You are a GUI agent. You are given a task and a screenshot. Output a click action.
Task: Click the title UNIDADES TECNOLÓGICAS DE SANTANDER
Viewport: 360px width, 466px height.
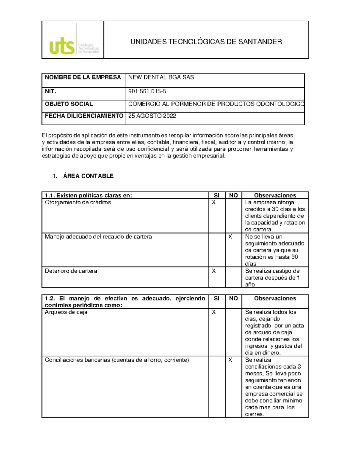(x=206, y=42)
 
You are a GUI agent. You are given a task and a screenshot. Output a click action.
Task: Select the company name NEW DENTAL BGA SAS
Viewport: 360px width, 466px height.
(x=161, y=77)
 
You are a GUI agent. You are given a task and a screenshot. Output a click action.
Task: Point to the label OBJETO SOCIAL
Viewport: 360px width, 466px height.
(x=69, y=104)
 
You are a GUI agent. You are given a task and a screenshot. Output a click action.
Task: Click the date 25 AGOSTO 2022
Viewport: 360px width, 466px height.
(x=152, y=116)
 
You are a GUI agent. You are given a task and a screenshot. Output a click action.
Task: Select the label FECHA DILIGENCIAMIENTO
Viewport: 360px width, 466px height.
(x=84, y=116)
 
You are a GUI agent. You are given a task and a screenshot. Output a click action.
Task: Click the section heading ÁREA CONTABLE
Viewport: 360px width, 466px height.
(x=88, y=176)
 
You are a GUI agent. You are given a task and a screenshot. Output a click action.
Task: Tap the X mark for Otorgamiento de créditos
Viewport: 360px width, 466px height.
(x=214, y=202)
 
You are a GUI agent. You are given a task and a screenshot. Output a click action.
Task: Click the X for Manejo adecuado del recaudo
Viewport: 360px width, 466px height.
(x=230, y=236)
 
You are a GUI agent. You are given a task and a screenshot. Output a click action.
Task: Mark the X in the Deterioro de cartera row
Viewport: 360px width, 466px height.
(x=214, y=271)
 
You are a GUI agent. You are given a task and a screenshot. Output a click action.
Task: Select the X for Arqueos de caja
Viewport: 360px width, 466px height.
(x=214, y=312)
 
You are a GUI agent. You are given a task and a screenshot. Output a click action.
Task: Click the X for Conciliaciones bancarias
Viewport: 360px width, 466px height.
(x=230, y=360)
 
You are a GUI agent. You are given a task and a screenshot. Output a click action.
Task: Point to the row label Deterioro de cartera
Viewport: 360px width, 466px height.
(x=71, y=271)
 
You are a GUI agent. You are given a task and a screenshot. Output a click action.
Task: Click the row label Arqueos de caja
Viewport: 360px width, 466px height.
(x=66, y=312)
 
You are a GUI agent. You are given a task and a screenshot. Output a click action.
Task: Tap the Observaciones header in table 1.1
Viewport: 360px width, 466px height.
(x=275, y=195)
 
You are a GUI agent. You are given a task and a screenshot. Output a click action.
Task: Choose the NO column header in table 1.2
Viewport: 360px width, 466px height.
(x=233, y=298)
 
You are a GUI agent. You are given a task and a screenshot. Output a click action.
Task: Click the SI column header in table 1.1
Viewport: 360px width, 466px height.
(x=217, y=195)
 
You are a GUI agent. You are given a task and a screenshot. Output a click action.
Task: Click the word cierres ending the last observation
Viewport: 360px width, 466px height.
(x=254, y=414)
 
